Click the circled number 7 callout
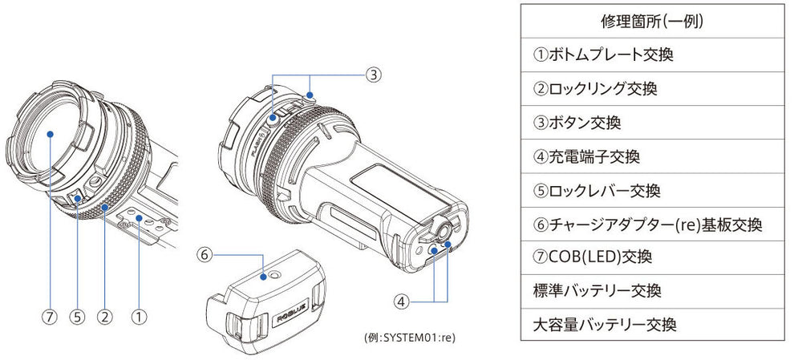pyautogui.click(x=51, y=316)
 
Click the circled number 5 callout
pyautogui.click(x=78, y=316)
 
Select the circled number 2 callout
pyautogui.click(x=105, y=316)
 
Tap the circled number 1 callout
pyautogui.click(x=140, y=316)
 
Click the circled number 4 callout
pyautogui.click(x=403, y=301)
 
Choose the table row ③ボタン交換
pyautogui.click(x=577, y=123)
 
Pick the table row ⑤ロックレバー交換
pyautogui.click(x=597, y=191)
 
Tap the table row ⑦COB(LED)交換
pyautogui.click(x=592, y=257)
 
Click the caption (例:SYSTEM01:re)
pyautogui.click(x=410, y=338)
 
